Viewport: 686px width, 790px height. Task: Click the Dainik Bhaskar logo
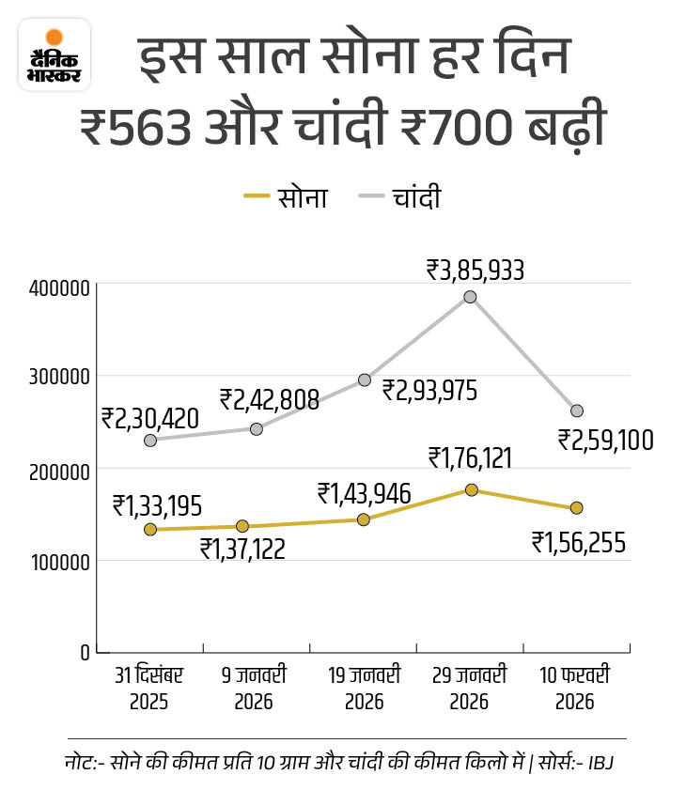(55, 54)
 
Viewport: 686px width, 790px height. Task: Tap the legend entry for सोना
(286, 197)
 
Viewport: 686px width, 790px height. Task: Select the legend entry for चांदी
(399, 197)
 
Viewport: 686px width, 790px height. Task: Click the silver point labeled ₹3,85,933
(470, 297)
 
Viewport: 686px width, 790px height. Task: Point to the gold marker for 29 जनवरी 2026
(471, 489)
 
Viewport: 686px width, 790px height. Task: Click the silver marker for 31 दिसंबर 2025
(150, 440)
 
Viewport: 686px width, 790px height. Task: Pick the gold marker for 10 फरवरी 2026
(576, 508)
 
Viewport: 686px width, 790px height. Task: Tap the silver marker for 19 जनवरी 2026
(364, 380)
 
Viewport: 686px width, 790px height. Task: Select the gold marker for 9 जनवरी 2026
(242, 526)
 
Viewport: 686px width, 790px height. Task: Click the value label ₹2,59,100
(605, 440)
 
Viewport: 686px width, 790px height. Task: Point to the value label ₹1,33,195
(157, 505)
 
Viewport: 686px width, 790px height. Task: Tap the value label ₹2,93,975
(429, 388)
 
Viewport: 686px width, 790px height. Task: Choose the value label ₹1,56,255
(579, 542)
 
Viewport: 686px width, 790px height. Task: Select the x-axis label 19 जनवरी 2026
(364, 688)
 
